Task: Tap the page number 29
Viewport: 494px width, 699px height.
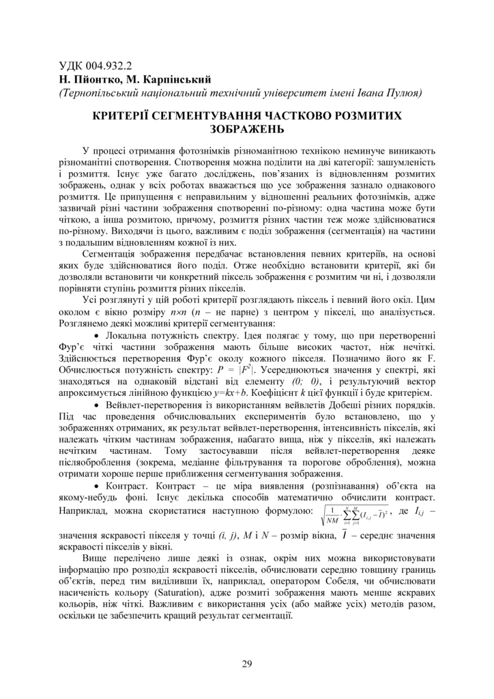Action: pyautogui.click(x=247, y=664)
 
